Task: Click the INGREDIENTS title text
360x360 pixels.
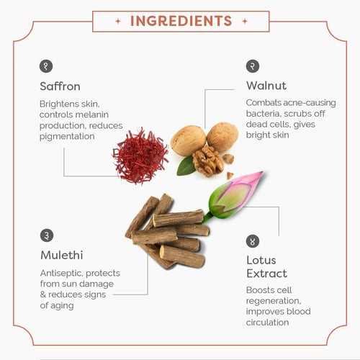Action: (181, 21)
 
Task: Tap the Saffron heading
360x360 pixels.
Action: (60, 86)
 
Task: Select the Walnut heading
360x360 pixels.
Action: (266, 86)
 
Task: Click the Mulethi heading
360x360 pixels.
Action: (62, 255)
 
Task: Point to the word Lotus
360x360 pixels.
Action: (261, 260)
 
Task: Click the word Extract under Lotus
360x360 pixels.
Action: (267, 274)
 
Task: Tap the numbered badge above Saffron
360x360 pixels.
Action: (46, 66)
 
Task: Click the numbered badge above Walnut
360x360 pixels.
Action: (253, 66)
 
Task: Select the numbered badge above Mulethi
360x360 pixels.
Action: (47, 235)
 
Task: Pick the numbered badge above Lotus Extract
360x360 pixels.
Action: (253, 241)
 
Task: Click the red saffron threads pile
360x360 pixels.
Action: (140, 156)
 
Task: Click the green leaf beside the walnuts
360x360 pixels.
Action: (186, 166)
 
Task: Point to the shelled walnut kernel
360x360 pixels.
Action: (207, 161)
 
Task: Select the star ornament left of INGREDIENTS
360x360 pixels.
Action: (118, 21)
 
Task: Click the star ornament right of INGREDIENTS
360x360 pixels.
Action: (245, 21)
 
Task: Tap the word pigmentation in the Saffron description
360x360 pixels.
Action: (67, 137)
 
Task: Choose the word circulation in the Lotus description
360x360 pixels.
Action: (267, 323)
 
